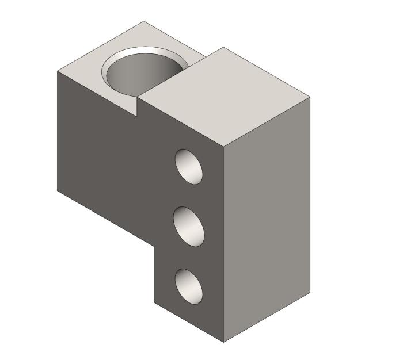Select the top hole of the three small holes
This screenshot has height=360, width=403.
point(189,166)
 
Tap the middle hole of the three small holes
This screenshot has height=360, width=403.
point(189,227)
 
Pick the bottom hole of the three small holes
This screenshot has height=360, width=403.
point(189,286)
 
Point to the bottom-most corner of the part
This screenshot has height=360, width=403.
point(223,342)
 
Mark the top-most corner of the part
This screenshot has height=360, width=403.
point(143,21)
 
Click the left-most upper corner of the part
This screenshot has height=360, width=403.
point(57,71)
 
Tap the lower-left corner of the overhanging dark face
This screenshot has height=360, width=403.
point(57,190)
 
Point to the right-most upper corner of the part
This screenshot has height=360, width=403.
point(310,97)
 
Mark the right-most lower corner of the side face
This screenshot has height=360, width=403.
point(310,293)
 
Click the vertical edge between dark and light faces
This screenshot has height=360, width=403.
point(223,242)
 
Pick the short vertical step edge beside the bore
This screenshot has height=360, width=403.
point(138,107)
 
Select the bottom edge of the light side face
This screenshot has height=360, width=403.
point(267,317)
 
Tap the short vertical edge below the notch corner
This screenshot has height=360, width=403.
point(154,273)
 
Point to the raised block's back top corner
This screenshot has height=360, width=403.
point(223,47)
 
